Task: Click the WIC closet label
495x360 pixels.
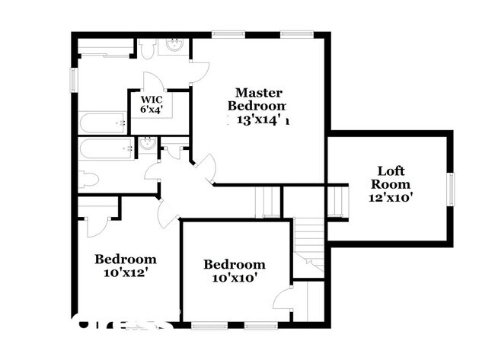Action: [x=151, y=98]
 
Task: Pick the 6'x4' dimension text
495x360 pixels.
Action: [x=151, y=110]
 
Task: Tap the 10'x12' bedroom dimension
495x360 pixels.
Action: [x=126, y=272]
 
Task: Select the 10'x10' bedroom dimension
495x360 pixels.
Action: [x=234, y=277]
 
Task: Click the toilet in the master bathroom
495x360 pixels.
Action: [x=147, y=48]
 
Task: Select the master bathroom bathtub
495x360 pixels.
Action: [x=101, y=122]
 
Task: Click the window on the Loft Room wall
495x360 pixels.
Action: [x=451, y=190]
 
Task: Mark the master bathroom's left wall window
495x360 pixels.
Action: [x=75, y=78]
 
